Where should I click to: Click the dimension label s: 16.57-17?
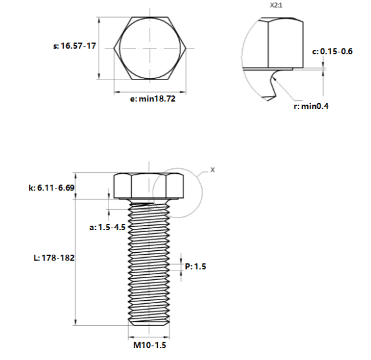[74, 45]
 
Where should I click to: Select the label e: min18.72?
[153, 98]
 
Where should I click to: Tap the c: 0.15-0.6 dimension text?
[332, 51]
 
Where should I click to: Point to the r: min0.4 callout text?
[311, 106]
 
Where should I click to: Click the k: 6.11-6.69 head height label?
[52, 188]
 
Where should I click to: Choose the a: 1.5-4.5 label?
[107, 227]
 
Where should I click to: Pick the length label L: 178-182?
[54, 258]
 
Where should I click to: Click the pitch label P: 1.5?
[196, 267]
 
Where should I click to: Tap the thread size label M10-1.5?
[150, 345]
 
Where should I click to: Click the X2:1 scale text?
[276, 5]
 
